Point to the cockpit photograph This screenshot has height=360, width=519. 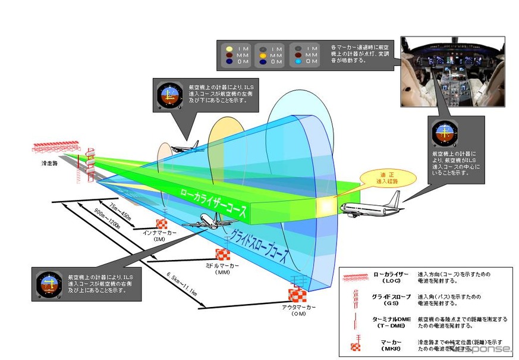452,74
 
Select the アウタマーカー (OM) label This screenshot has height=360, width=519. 299,309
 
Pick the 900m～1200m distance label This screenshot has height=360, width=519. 107,220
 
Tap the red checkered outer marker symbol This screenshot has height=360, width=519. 297,295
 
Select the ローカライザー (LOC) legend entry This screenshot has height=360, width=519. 389,277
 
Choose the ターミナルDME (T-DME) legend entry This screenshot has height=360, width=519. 389,322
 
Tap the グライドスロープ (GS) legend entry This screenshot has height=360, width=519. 389,299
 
